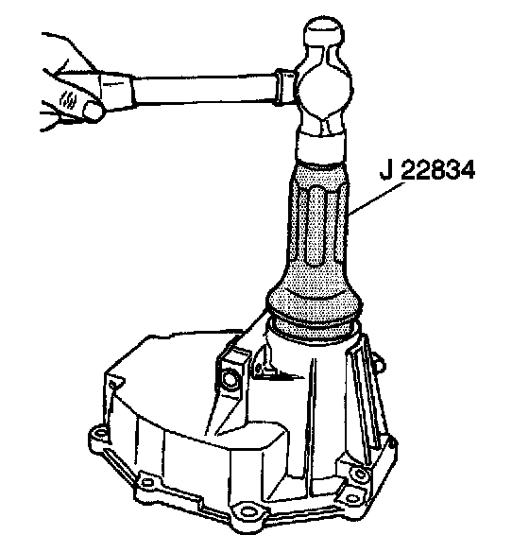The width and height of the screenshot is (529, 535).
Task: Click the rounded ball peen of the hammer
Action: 323,30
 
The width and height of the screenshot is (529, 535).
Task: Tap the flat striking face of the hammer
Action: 321,147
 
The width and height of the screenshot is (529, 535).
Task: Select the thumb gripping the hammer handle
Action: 92,111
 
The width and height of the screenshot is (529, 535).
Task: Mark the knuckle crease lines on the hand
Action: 67,99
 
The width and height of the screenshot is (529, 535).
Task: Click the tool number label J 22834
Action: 427,169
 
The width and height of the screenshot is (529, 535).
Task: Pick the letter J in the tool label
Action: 386,169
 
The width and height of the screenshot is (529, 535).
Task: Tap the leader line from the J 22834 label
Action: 376,198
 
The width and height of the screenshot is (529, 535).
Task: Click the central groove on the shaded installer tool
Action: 316,225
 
